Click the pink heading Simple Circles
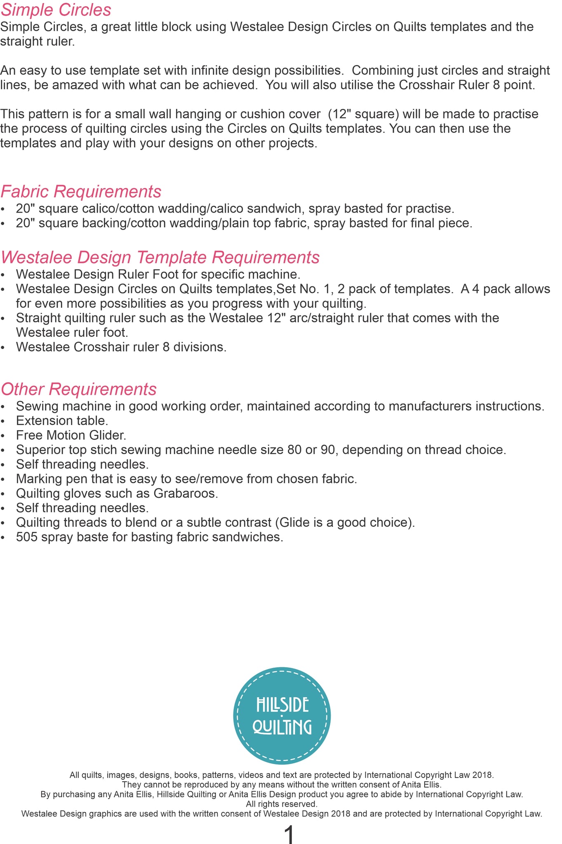coord(56,10)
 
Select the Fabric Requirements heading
coord(81,192)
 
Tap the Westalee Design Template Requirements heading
coord(160,258)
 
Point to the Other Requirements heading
coord(78,389)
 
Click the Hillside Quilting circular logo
coord(282,716)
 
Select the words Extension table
coord(62,421)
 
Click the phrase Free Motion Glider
coord(71,435)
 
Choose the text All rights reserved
coord(282,804)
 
